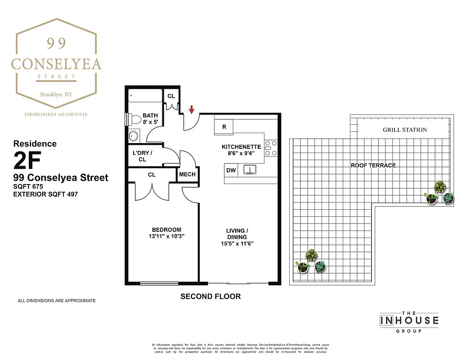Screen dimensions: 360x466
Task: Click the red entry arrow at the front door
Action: pos(191,109)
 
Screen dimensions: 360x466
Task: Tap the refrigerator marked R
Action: pos(224,127)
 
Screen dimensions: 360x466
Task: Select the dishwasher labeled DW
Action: pos(231,171)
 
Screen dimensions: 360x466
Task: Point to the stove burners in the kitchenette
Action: pos(271,148)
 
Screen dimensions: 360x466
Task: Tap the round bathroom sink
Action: pos(134,136)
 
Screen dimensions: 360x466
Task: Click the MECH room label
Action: pos(187,175)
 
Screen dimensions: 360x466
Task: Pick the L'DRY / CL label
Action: pos(143,156)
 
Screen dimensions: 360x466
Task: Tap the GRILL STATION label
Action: pos(405,130)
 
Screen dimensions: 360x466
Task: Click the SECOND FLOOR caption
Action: pos(211,297)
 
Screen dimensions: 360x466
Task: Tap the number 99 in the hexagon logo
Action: pos(57,43)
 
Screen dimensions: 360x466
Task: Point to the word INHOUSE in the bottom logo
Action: pos(409,321)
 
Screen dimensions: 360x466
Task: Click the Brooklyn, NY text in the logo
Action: pos(56,94)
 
